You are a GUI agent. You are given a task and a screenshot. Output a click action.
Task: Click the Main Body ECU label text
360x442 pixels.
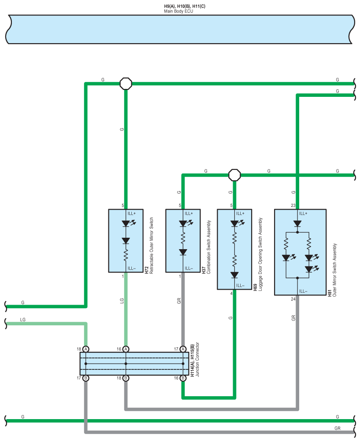178,11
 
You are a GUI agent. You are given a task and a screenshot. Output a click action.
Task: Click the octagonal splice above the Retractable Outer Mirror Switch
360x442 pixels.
126,84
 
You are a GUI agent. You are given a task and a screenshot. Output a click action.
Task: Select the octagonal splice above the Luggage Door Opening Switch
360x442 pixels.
234,175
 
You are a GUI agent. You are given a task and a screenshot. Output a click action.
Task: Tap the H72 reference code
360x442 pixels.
146,270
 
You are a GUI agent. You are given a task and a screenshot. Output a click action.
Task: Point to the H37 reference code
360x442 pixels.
204,270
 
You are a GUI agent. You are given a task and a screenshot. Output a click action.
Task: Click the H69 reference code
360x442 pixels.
255,287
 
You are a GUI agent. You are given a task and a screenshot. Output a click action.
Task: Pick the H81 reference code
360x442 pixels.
330,293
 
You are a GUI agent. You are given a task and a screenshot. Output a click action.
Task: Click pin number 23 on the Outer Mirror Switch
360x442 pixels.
293,206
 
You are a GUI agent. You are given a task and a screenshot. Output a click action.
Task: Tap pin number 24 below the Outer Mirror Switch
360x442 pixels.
293,299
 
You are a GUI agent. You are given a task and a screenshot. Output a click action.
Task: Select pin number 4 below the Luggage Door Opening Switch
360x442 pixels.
231,294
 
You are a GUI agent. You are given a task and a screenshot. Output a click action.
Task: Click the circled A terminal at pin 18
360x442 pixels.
86,349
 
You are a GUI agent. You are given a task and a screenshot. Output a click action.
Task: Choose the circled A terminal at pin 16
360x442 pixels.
126,349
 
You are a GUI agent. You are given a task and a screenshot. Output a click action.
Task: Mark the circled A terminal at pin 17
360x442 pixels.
183,349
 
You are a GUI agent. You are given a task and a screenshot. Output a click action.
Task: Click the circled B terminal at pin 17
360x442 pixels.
86,378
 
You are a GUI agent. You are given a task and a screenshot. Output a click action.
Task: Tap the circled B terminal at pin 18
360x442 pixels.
126,378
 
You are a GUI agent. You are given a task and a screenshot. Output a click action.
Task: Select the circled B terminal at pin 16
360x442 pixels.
183,378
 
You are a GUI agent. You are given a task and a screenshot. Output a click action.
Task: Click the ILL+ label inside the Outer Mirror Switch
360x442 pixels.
303,214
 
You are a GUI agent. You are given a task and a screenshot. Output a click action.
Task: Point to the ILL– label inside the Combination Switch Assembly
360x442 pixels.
189,269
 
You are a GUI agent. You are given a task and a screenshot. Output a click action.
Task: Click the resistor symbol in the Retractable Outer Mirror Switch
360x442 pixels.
126,255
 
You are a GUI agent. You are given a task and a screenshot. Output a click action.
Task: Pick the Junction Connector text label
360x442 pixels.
197,359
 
